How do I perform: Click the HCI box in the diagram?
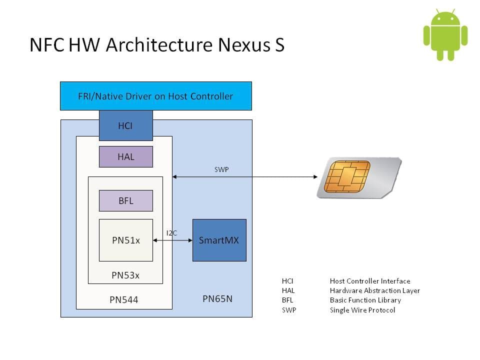click(125, 125)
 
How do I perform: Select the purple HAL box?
click(125, 156)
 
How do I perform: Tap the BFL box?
click(125, 200)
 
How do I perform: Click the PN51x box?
click(125, 240)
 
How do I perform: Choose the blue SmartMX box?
click(219, 240)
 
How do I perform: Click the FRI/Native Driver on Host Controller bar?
click(155, 96)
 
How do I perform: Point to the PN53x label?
click(125, 275)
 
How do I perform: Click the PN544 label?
click(123, 300)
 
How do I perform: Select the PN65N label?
click(217, 299)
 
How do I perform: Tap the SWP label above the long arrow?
click(221, 170)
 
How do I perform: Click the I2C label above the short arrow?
click(171, 233)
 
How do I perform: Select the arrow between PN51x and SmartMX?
click(172, 240)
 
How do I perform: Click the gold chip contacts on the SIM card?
click(346, 176)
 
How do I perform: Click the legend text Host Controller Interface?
click(369, 281)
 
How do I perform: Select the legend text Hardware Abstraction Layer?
click(374, 290)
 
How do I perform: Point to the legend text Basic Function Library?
click(365, 300)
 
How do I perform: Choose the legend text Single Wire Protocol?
click(362, 310)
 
